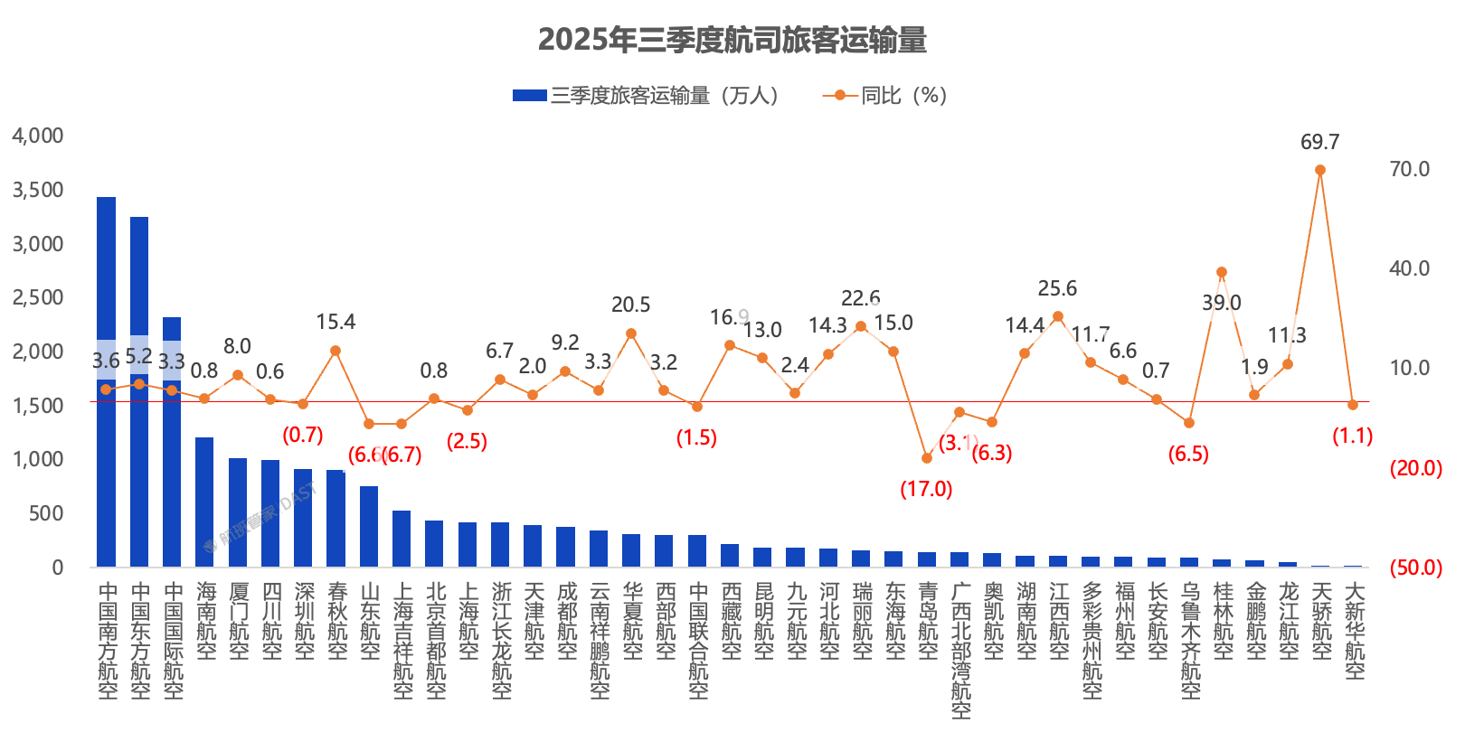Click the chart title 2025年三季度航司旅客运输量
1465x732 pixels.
[732, 41]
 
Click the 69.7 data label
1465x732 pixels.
[1319, 142]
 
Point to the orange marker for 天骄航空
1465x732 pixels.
[1320, 170]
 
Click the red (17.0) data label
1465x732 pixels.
[926, 489]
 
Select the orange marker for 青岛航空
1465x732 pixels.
[927, 458]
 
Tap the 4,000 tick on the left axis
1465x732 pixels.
[38, 136]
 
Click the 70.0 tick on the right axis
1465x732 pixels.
[1409, 169]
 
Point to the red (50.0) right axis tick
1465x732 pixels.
[1416, 568]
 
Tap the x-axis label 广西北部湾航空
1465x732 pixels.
[960, 650]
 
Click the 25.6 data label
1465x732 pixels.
[1057, 288]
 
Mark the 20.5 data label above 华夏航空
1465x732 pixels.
[630, 305]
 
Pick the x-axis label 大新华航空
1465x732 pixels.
[1354, 630]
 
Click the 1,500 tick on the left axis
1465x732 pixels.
[38, 405]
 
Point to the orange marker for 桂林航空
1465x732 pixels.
[1222, 272]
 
